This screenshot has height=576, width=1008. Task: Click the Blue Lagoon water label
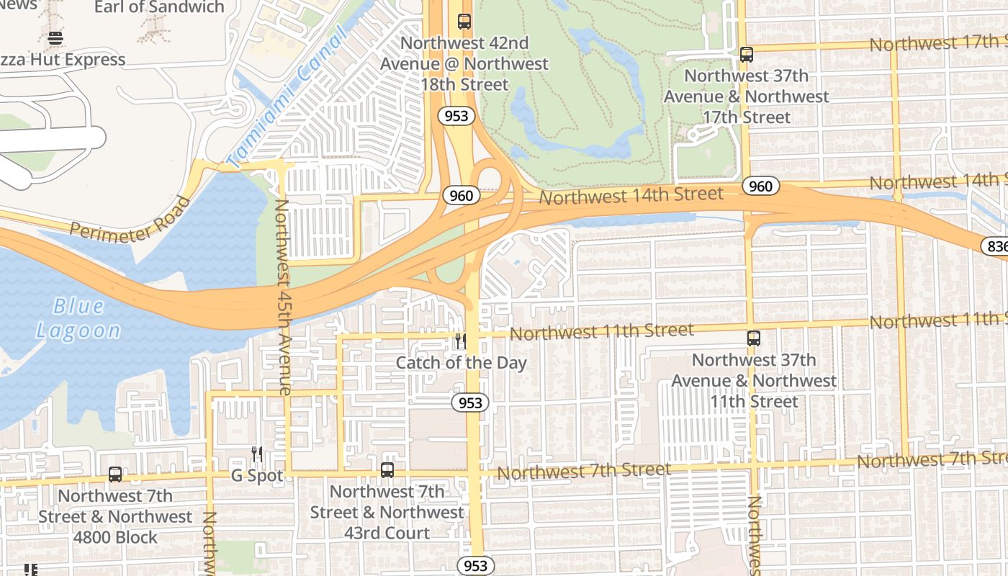click(78, 318)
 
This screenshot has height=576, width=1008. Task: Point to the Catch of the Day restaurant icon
click(461, 341)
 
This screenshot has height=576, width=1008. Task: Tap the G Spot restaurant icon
click(257, 454)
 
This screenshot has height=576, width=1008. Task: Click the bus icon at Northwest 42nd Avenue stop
click(464, 22)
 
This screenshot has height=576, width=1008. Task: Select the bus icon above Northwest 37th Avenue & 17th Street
click(747, 54)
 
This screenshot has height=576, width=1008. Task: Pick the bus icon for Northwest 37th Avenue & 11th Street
click(754, 338)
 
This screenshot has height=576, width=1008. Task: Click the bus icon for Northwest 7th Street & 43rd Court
click(387, 470)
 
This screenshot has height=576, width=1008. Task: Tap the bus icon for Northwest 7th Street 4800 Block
click(115, 474)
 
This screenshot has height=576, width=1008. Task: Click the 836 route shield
click(996, 246)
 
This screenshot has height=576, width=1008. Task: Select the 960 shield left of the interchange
click(461, 195)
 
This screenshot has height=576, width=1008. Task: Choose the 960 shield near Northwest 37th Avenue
click(760, 186)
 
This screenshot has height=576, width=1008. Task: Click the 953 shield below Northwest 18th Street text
click(456, 115)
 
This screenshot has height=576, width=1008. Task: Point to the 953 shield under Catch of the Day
click(470, 402)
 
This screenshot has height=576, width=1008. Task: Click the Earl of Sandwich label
click(159, 7)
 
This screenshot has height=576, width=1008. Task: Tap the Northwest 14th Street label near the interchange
click(631, 195)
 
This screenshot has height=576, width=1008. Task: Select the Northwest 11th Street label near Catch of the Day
click(601, 332)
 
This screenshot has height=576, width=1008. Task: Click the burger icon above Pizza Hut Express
click(55, 38)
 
